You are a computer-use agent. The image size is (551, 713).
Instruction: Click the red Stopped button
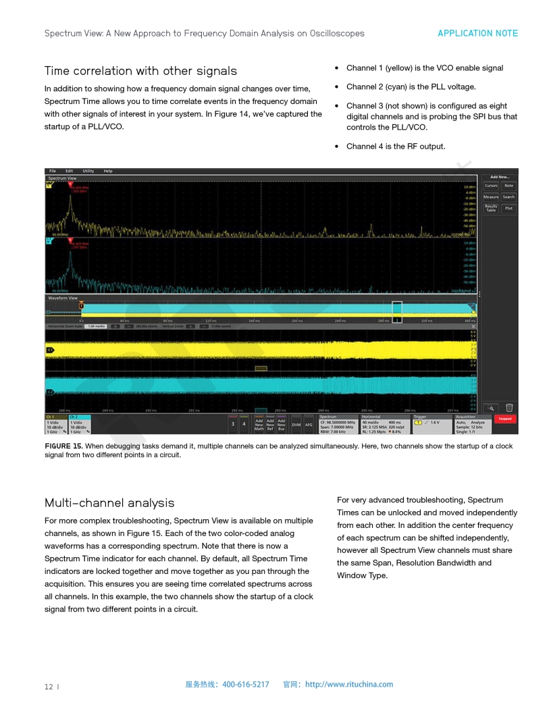504,419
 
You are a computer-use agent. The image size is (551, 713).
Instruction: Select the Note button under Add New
508,186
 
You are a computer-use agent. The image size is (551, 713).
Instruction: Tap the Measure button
491,197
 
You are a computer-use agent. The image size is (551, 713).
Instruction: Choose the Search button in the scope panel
508,197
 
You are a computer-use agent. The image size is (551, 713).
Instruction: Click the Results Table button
491,209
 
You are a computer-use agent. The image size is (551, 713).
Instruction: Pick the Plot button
508,209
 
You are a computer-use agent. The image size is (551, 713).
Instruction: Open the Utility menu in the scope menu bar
88,171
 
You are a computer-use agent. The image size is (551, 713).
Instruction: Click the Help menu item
108,171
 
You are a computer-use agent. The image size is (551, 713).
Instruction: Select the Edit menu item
70,171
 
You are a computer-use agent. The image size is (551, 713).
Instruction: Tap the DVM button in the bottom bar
296,425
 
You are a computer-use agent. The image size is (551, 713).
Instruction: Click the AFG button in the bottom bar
309,425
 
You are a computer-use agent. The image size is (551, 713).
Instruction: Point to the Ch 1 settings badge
56,424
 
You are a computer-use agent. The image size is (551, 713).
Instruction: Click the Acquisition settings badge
472,424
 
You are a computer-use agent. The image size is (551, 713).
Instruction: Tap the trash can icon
509,407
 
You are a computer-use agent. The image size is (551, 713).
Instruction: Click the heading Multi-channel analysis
109,503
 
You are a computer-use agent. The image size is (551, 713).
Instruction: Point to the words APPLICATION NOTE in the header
477,33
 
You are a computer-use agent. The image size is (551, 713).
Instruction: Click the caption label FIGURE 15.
63,446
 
